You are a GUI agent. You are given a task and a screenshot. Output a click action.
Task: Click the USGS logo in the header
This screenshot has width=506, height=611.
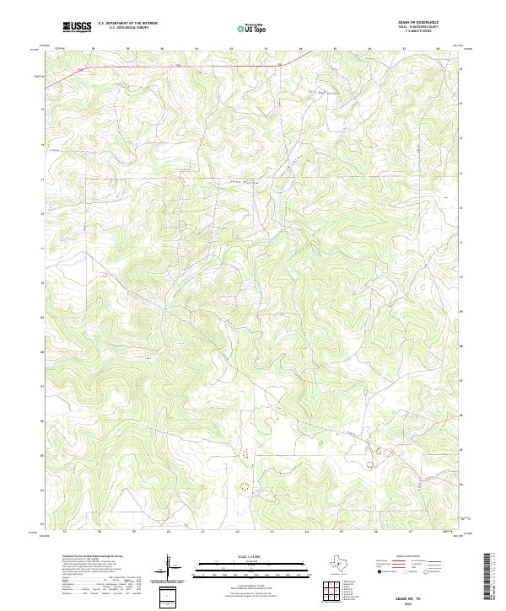coord(77,28)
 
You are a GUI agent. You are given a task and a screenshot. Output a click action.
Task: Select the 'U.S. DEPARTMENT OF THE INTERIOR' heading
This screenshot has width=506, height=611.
coord(127,24)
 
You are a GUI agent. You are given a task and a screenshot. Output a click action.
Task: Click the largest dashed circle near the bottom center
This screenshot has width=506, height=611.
coord(245,485)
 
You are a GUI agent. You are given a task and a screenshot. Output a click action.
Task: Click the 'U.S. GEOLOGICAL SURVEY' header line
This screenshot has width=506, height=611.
coord(127,29)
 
